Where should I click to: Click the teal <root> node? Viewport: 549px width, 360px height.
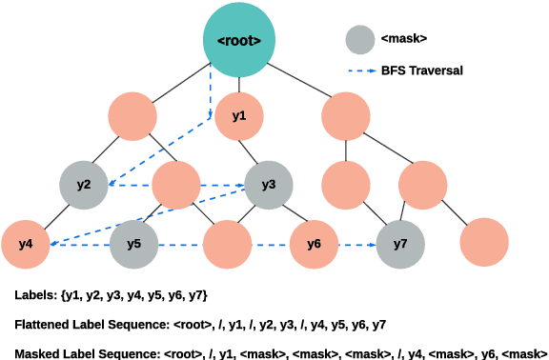(239, 40)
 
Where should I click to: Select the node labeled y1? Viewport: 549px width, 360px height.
(239, 116)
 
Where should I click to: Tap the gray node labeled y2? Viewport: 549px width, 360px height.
(84, 185)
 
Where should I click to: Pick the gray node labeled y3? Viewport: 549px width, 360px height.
(269, 185)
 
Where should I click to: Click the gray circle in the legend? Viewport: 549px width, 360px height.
(359, 39)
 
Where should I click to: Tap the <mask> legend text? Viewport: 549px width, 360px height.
(404, 39)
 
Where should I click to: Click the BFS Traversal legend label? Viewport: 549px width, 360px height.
(422, 71)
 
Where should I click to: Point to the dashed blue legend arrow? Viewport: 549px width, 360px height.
(358, 71)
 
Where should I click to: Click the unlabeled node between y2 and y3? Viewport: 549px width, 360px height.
(175, 185)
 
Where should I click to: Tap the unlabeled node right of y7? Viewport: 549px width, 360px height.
(484, 244)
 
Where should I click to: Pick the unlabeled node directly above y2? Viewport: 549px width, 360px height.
(132, 116)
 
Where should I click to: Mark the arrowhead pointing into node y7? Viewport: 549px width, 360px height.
(372, 245)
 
